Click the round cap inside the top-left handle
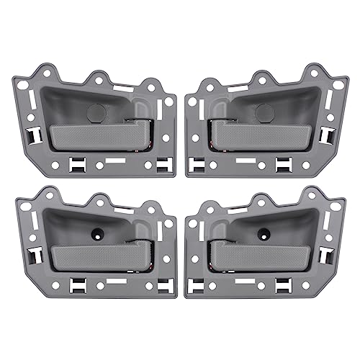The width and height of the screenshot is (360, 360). (x=94, y=111)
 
